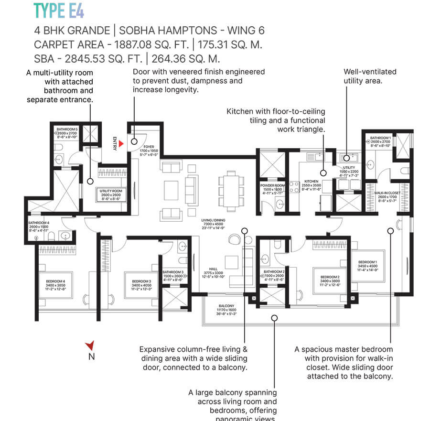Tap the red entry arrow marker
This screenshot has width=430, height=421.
point(122,143)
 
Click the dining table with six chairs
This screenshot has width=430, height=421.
point(227,192)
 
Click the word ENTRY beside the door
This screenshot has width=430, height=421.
point(115,143)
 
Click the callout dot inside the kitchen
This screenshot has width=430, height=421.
point(323,173)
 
